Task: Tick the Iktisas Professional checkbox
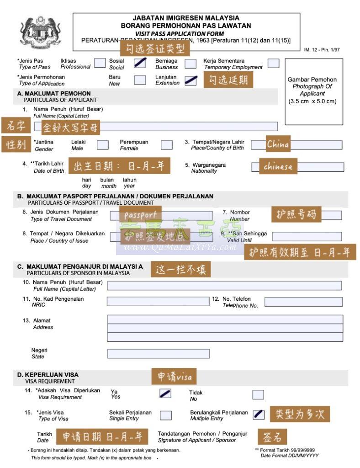100,63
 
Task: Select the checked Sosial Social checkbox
140,63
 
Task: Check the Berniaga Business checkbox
191,64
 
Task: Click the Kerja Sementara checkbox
273,63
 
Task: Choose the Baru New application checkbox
140,80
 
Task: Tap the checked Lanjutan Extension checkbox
191,80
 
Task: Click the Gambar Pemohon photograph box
313,91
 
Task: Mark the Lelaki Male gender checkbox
103,145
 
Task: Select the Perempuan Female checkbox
167,145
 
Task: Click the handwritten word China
278,144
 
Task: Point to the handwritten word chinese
278,166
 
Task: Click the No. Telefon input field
303,302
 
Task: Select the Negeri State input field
158,353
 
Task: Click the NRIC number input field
158,301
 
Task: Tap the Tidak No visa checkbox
258,394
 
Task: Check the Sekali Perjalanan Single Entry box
166,415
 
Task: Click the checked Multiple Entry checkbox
258,415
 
